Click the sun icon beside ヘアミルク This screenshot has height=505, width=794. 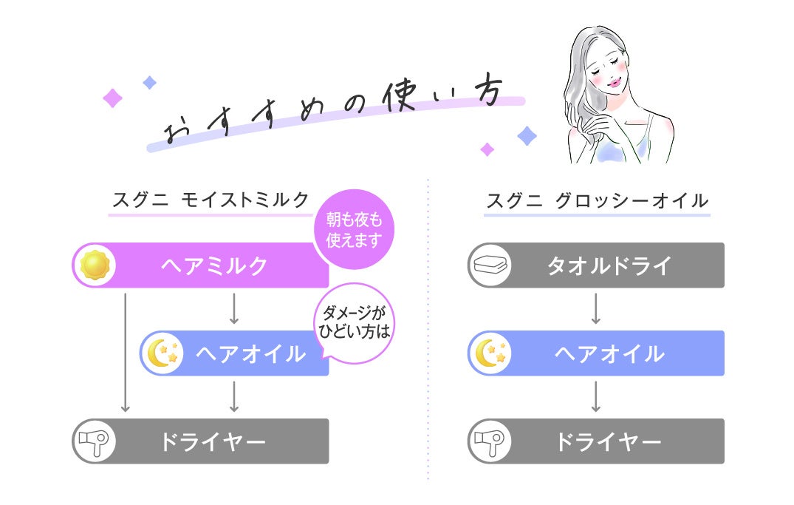(95, 265)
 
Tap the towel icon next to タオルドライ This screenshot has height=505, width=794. (490, 265)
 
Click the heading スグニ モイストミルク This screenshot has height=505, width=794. (211, 200)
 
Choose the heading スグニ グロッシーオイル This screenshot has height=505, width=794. (597, 200)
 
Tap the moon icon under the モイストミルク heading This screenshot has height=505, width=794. (162, 353)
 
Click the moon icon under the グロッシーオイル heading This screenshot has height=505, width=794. (490, 353)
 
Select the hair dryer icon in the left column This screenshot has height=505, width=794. (95, 441)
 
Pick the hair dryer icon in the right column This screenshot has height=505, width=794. (490, 441)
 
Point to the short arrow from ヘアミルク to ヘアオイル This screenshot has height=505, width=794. (234, 308)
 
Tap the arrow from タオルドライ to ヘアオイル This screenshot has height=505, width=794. (596, 308)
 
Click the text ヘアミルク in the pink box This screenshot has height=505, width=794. (214, 265)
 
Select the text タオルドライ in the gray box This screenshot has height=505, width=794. (609, 265)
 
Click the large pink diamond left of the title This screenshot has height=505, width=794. (112, 98)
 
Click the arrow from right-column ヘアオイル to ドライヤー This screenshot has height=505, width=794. (596, 396)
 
